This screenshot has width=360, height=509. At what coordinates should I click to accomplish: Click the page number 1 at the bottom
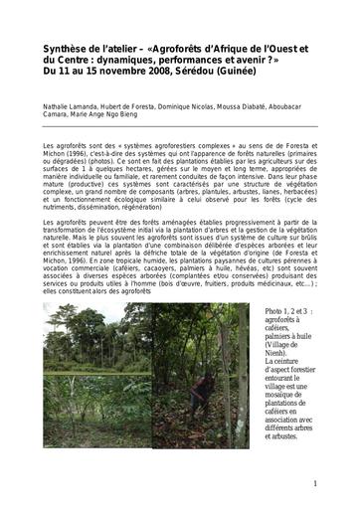[x=314, y=484]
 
